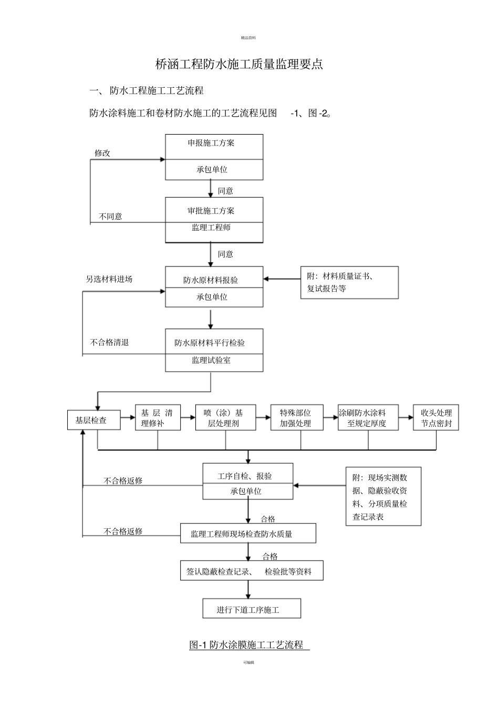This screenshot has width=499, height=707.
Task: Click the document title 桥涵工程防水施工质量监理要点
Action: [240, 64]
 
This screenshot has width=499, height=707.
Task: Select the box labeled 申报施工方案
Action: [214, 144]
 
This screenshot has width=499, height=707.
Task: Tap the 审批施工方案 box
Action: [214, 211]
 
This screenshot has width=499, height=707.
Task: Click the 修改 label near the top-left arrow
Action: [102, 153]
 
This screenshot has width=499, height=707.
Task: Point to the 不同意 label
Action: [110, 217]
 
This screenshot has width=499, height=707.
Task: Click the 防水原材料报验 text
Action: [211, 280]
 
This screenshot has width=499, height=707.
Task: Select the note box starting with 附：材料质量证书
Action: [349, 282]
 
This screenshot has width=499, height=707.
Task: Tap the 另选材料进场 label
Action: [109, 279]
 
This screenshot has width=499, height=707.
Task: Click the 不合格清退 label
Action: [109, 342]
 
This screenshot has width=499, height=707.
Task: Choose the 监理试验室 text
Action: [211, 361]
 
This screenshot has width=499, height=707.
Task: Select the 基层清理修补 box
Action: [158, 418]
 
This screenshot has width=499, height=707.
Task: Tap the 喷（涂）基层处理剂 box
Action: [225, 418]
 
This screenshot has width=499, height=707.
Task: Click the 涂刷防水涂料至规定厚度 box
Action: [368, 418]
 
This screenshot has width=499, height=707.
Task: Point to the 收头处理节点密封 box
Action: [436, 418]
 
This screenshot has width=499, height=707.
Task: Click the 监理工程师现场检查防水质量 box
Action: [248, 534]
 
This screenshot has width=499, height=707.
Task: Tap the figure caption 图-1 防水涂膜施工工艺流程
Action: [247, 644]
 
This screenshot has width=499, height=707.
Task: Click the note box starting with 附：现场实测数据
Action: [383, 497]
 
